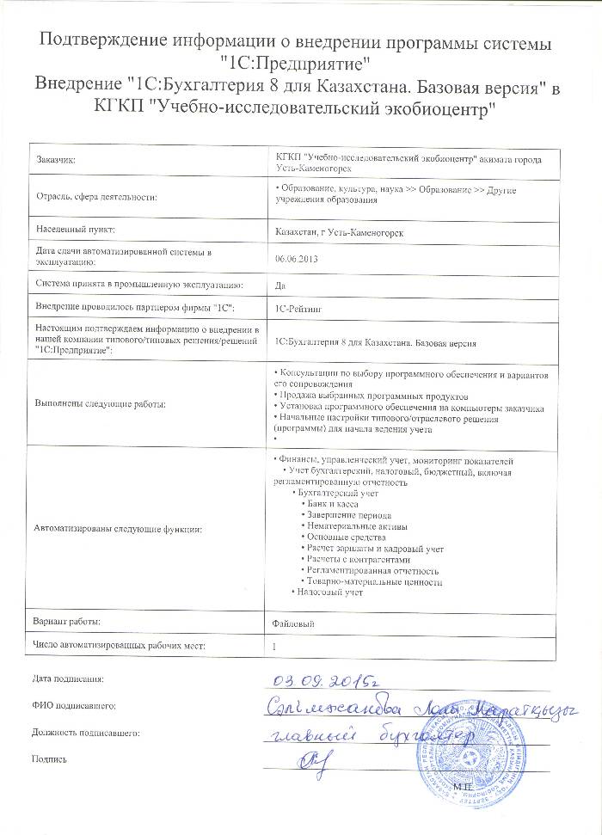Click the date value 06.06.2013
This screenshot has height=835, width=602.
tap(294, 257)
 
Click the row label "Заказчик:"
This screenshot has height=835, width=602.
tap(56, 161)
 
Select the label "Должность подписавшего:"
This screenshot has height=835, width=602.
tap(85, 733)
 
